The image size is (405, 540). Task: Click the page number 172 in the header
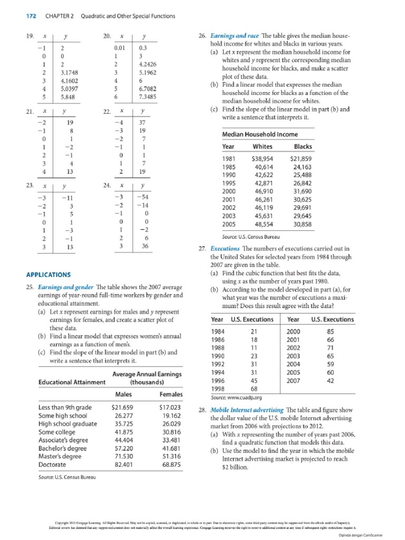click(31, 16)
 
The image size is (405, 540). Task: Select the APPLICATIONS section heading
click(48, 275)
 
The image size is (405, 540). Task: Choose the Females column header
click(171, 394)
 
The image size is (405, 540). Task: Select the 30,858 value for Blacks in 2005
click(302, 224)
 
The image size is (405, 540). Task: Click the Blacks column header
click(303, 146)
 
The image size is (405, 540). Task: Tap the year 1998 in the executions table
click(218, 389)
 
